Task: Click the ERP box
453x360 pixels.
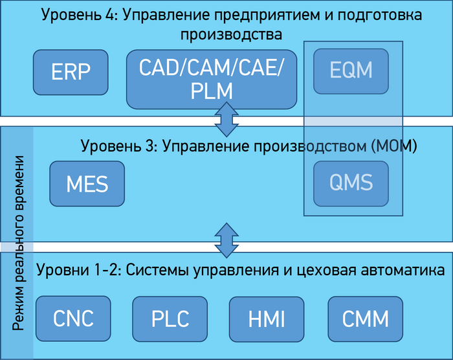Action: pyautogui.click(x=71, y=71)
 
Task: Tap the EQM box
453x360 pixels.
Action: pyautogui.click(x=351, y=70)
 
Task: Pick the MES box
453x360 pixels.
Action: pyautogui.click(x=87, y=184)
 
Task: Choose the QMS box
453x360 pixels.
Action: pyautogui.click(x=351, y=182)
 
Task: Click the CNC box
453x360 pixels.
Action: pyautogui.click(x=73, y=319)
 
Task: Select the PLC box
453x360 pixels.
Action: pyautogui.click(x=170, y=319)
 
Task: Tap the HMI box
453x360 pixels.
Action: pyautogui.click(x=267, y=319)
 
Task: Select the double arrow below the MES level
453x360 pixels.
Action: pyautogui.click(x=226, y=240)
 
